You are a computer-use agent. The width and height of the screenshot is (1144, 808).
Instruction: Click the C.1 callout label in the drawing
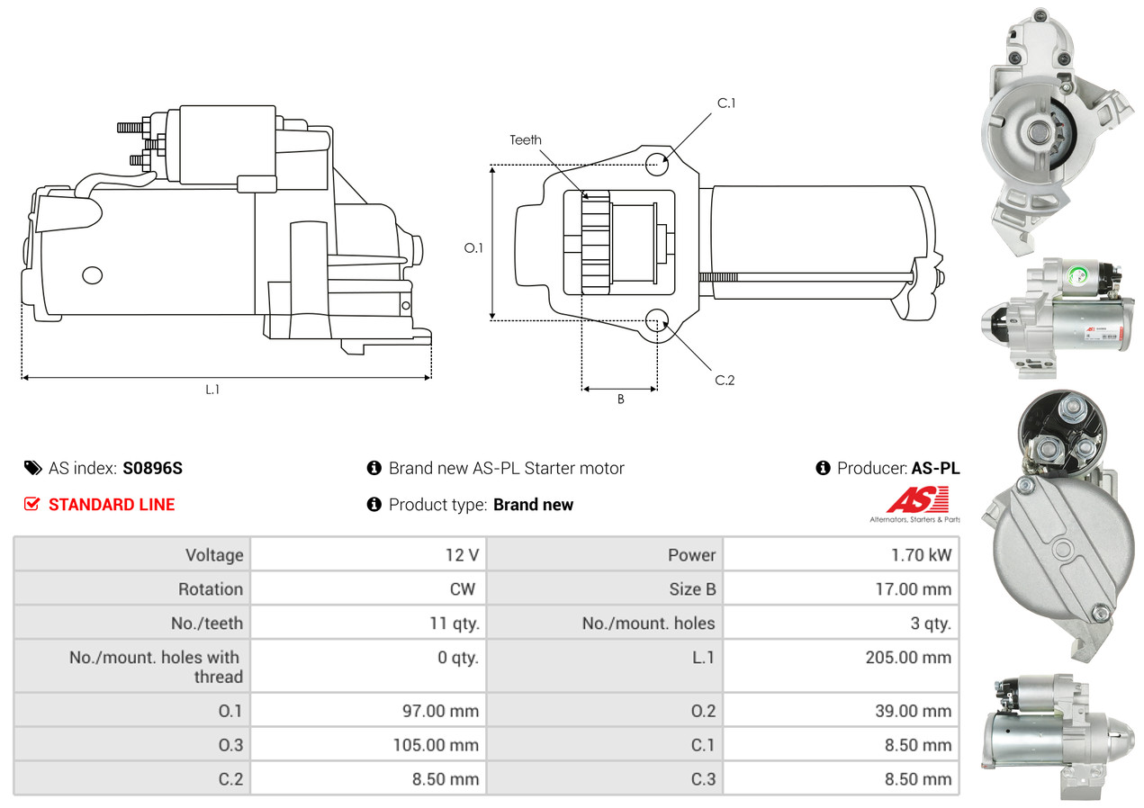coord(726,103)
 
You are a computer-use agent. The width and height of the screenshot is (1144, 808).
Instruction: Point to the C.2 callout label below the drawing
coord(725,380)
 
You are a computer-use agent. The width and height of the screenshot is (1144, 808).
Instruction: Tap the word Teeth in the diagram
coord(526,139)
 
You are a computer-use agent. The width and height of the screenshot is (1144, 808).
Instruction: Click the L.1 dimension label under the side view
coord(212,390)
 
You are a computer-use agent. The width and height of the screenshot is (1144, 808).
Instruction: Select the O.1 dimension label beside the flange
coord(473,247)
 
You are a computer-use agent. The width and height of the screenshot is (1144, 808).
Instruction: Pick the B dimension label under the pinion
coord(620,400)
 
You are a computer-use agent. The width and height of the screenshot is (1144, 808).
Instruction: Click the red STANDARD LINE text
coord(112,505)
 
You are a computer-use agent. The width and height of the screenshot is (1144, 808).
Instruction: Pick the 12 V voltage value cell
coord(461,555)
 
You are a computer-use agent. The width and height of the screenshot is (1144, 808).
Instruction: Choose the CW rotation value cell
coord(468,589)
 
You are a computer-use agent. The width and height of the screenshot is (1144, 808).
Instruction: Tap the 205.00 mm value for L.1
coord(908,658)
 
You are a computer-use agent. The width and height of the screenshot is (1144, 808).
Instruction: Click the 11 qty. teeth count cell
coord(454,623)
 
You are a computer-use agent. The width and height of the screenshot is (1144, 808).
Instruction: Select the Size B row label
coord(686,589)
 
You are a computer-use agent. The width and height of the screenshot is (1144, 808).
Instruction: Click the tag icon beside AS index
coord(32,468)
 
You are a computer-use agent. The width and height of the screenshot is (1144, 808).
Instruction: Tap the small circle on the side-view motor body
coord(93,275)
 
